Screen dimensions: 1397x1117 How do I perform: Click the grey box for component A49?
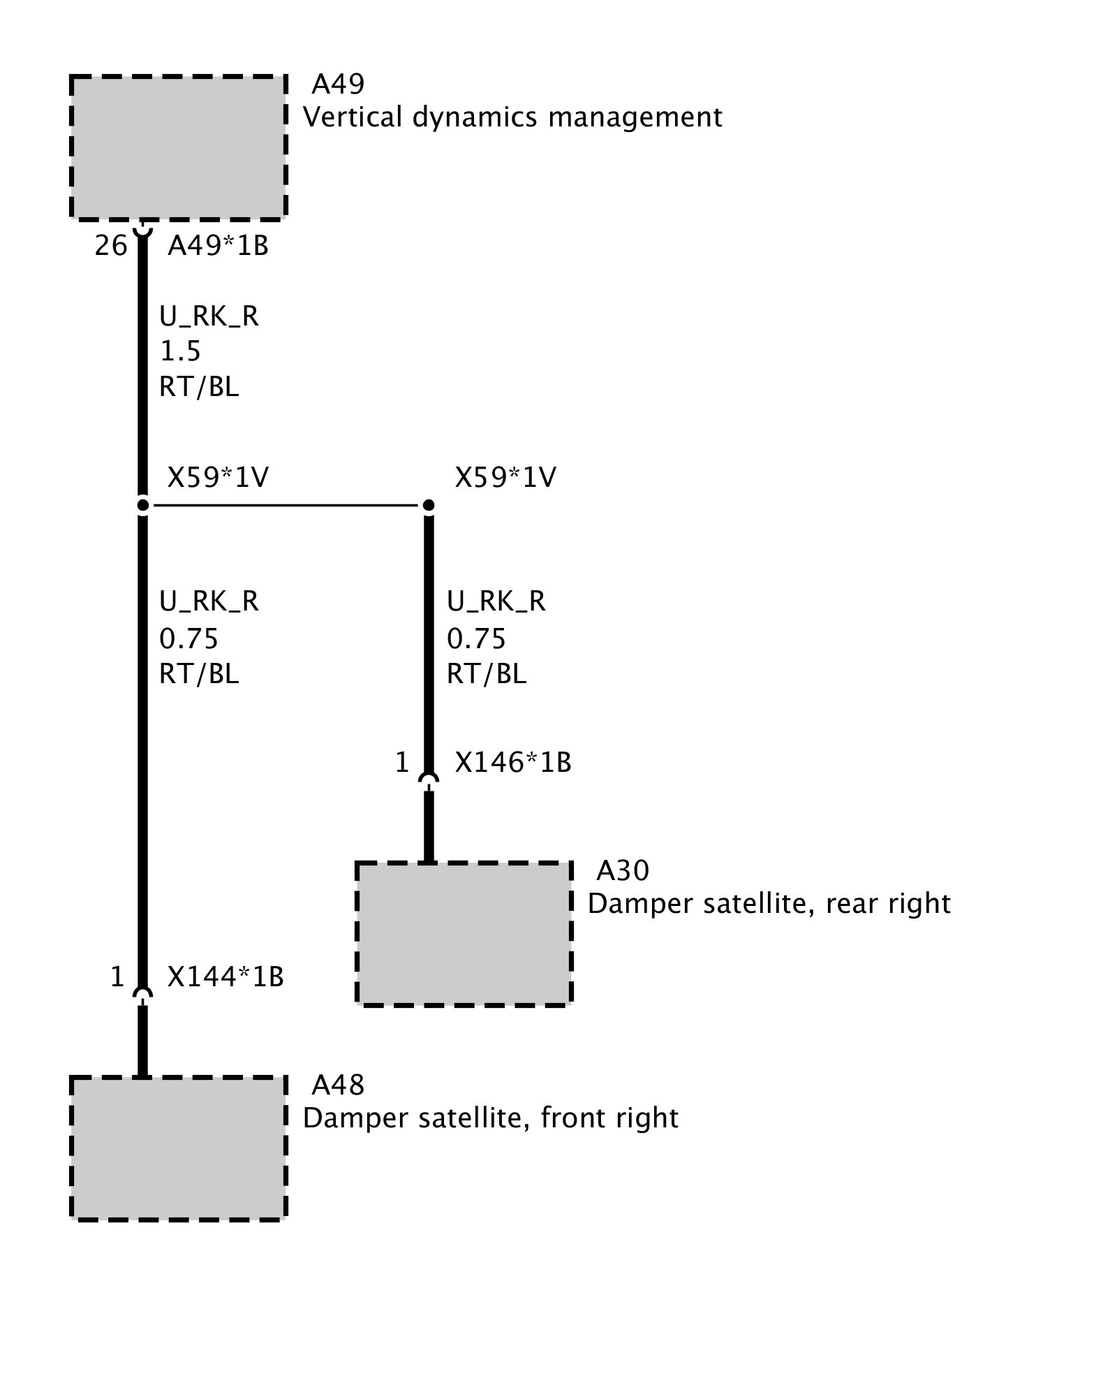tap(179, 147)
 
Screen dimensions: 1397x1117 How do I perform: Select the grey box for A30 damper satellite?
tap(464, 933)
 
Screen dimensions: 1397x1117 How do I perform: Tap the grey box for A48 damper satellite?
tap(179, 1148)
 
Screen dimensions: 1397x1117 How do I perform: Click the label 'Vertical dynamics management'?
tap(512, 117)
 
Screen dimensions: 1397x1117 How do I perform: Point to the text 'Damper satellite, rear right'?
tap(769, 904)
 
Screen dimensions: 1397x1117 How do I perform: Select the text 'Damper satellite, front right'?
tap(490, 1118)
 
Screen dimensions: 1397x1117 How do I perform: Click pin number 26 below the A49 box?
tap(111, 246)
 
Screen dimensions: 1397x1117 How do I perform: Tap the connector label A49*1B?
tap(218, 246)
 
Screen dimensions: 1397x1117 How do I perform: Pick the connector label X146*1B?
tap(512, 763)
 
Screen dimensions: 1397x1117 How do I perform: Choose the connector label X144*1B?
tap(225, 977)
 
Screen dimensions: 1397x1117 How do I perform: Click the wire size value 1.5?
tap(180, 351)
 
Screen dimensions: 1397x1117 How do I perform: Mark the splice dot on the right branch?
tap(429, 504)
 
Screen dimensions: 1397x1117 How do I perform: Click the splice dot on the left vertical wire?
tap(142, 504)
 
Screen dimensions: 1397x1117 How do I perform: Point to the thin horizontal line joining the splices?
tap(286, 504)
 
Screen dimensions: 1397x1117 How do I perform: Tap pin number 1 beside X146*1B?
tap(401, 763)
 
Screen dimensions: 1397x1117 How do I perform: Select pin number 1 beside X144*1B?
tap(117, 977)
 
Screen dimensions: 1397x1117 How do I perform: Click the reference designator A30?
tap(622, 870)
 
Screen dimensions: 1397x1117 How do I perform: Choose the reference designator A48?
tap(338, 1085)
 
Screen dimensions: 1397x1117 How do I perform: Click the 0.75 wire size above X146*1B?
tap(475, 639)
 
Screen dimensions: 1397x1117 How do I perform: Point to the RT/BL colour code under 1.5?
tap(199, 386)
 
